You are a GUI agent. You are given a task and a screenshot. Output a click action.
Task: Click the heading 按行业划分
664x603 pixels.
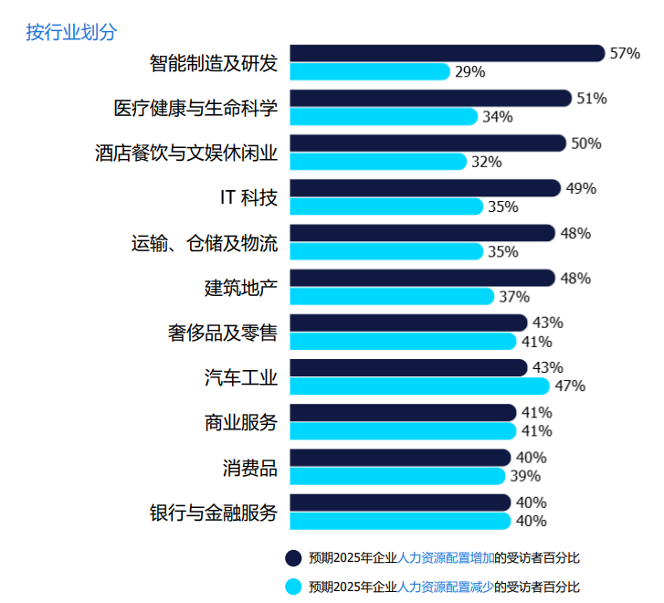pos(71,32)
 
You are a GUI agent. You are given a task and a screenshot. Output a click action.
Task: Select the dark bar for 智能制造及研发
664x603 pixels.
pos(448,53)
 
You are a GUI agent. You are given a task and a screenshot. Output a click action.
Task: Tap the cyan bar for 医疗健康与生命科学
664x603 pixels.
pos(384,116)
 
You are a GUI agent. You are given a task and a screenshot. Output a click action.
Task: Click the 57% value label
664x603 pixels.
pos(625,53)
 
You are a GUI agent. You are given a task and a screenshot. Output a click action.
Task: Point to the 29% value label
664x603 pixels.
pos(469,71)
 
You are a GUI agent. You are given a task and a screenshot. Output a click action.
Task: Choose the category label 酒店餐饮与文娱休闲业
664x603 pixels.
pos(186,153)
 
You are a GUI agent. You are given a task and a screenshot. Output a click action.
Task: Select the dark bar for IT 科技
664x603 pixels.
pos(425,188)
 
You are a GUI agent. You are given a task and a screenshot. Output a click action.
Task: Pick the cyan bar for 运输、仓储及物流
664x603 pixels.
pos(386,251)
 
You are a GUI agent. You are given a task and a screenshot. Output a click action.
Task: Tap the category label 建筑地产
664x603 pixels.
pos(240,287)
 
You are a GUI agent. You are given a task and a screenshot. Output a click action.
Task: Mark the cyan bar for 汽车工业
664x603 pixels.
pos(419,386)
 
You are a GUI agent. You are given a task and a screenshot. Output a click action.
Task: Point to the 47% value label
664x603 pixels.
pos(570,386)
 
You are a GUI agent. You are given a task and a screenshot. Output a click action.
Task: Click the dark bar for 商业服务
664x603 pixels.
pos(403,412)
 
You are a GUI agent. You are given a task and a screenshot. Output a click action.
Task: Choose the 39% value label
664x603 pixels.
pos(526,476)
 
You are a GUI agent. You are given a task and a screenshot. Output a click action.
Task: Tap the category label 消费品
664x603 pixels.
pos(249,467)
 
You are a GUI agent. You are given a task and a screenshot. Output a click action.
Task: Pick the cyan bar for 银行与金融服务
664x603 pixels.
pos(400,521)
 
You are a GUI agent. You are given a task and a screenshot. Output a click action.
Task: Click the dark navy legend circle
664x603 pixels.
pos(293,558)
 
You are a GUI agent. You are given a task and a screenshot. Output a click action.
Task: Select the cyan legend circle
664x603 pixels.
pos(293,587)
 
